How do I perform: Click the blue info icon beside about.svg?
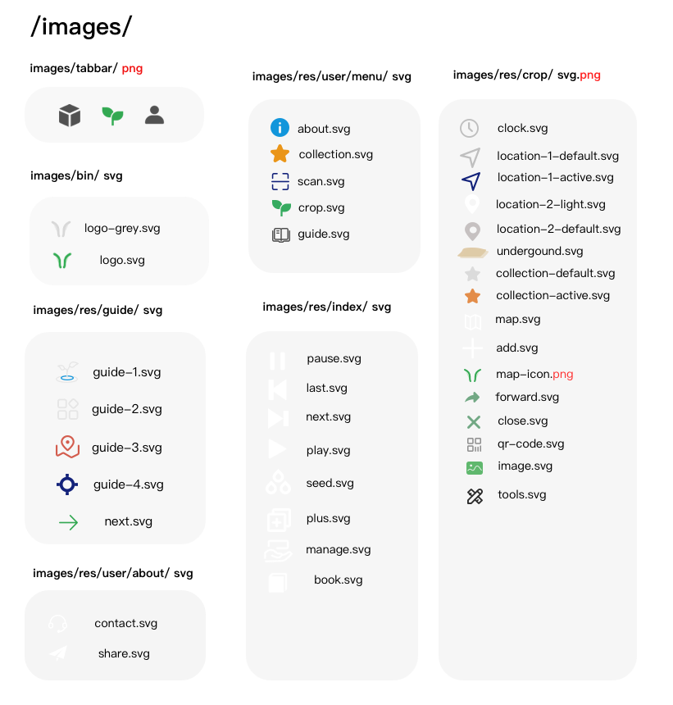(x=280, y=128)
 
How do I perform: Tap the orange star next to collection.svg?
(x=280, y=154)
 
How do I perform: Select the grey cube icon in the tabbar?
(x=70, y=115)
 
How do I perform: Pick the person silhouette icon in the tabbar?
(x=154, y=115)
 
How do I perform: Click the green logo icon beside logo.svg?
(x=62, y=261)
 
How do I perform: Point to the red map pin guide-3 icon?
(x=67, y=447)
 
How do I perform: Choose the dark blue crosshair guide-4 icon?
(x=67, y=484)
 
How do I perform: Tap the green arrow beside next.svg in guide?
(x=68, y=522)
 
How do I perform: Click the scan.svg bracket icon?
(x=280, y=182)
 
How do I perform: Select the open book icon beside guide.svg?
(x=281, y=234)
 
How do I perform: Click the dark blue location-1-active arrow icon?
(x=471, y=180)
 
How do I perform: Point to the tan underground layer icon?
(x=472, y=252)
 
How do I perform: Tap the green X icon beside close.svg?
(x=473, y=421)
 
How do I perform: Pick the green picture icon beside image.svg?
(x=475, y=468)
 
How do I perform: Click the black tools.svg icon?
(x=475, y=496)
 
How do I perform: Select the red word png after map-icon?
(x=563, y=375)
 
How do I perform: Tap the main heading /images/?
(x=81, y=26)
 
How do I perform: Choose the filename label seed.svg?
(x=330, y=483)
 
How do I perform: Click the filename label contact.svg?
(x=126, y=623)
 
